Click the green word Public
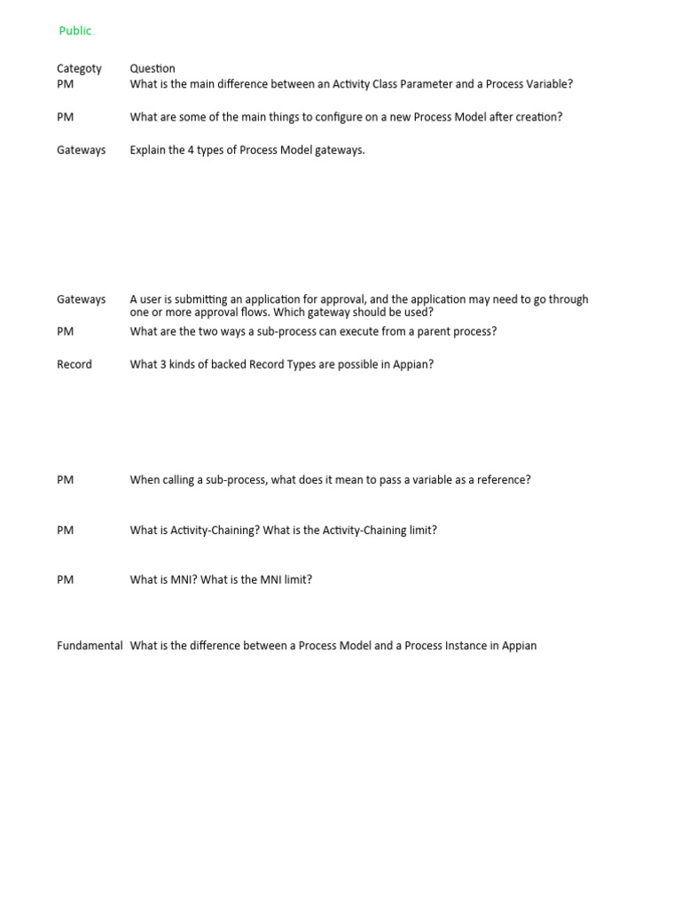[x=75, y=31]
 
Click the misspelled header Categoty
[x=79, y=68]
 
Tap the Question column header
[x=153, y=68]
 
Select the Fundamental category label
[x=90, y=646]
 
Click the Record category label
[x=74, y=364]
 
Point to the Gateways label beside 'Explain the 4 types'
[x=81, y=150]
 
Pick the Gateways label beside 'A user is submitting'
[x=81, y=299]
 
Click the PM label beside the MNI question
[x=65, y=579]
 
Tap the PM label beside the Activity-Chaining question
[x=65, y=530]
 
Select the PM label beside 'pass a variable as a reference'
[x=65, y=479]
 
